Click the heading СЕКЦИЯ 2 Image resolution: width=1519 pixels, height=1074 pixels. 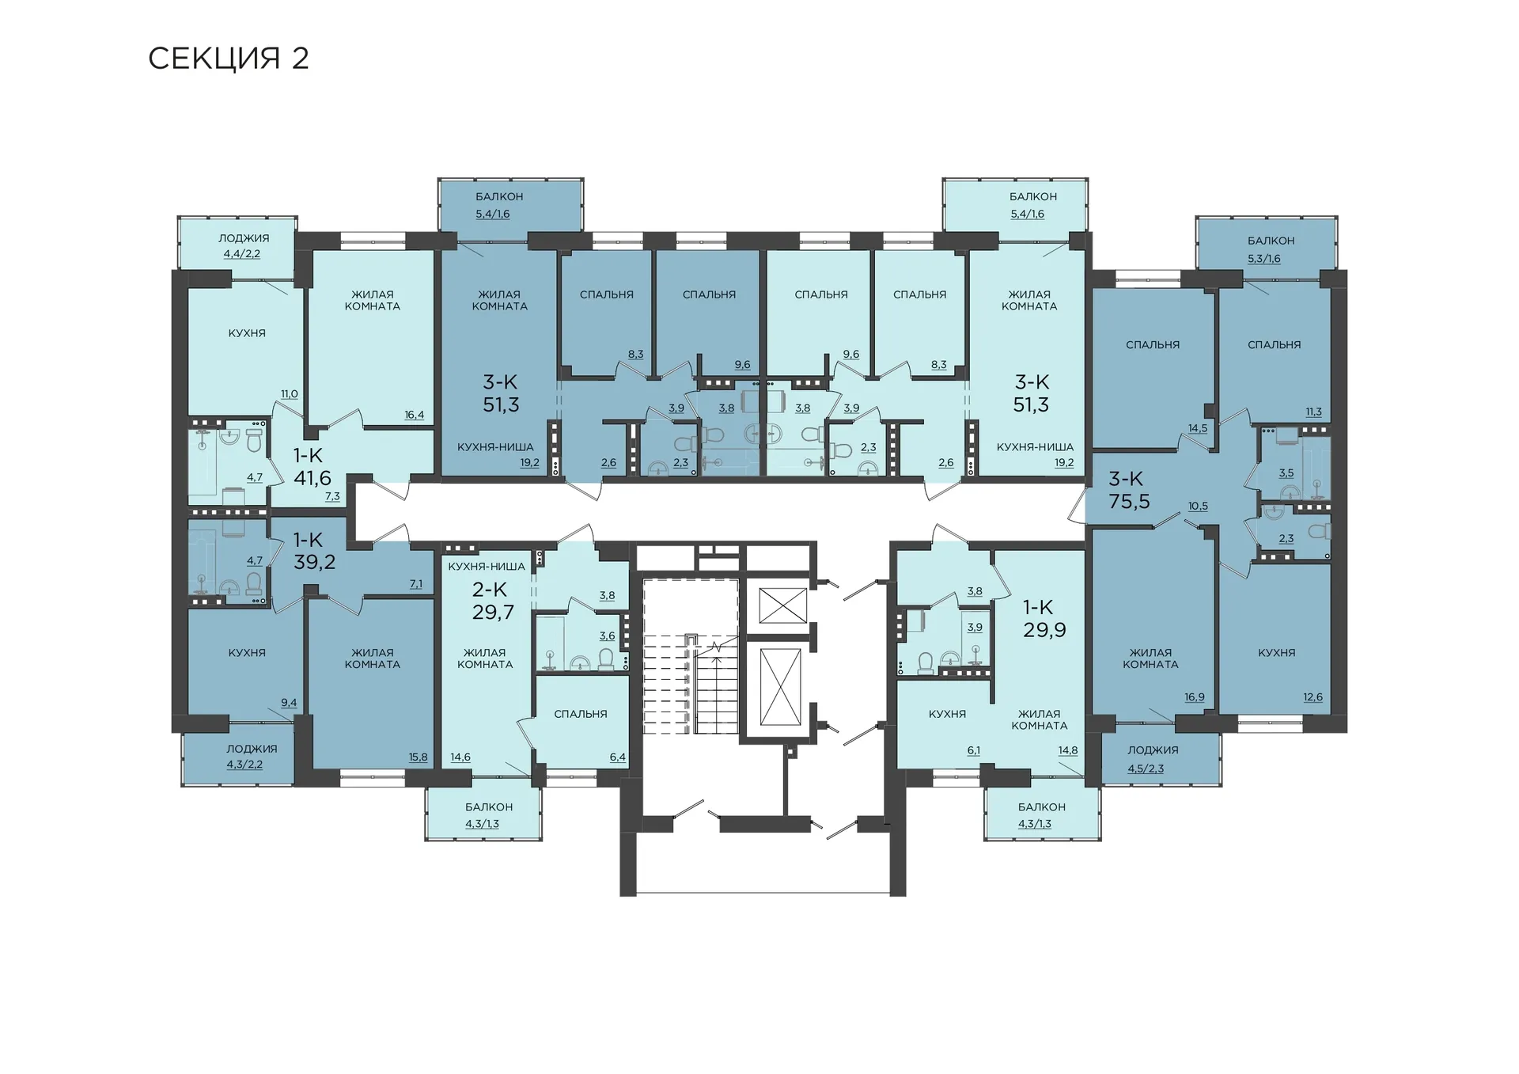[x=228, y=59]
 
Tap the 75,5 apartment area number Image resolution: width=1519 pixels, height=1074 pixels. [x=1129, y=501]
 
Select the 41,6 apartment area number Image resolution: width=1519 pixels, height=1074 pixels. [x=313, y=478]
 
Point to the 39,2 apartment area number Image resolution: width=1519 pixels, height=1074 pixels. [x=315, y=562]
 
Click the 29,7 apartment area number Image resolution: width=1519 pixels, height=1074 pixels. [x=493, y=612]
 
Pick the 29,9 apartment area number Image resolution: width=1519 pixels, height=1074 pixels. [x=1044, y=630]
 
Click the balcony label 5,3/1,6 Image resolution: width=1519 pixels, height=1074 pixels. [x=1264, y=258]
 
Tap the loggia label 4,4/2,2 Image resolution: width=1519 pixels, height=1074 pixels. [x=242, y=254]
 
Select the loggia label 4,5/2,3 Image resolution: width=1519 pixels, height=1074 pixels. [x=1146, y=768]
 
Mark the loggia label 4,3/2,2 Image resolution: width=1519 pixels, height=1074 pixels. [x=244, y=765]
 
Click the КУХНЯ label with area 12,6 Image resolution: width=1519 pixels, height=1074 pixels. [x=1277, y=653]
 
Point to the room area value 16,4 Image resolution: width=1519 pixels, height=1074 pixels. [x=415, y=415]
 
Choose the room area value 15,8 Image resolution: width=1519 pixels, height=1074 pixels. [x=418, y=757]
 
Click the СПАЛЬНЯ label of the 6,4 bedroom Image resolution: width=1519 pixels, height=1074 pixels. [x=581, y=714]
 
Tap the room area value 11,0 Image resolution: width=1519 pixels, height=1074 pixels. [x=290, y=394]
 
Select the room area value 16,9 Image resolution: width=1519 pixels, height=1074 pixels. [x=1195, y=697]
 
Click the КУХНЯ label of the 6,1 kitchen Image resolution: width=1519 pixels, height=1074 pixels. [x=947, y=714]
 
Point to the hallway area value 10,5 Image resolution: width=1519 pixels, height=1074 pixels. [x=1198, y=506]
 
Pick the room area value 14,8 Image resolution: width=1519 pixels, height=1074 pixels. [x=1068, y=750]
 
